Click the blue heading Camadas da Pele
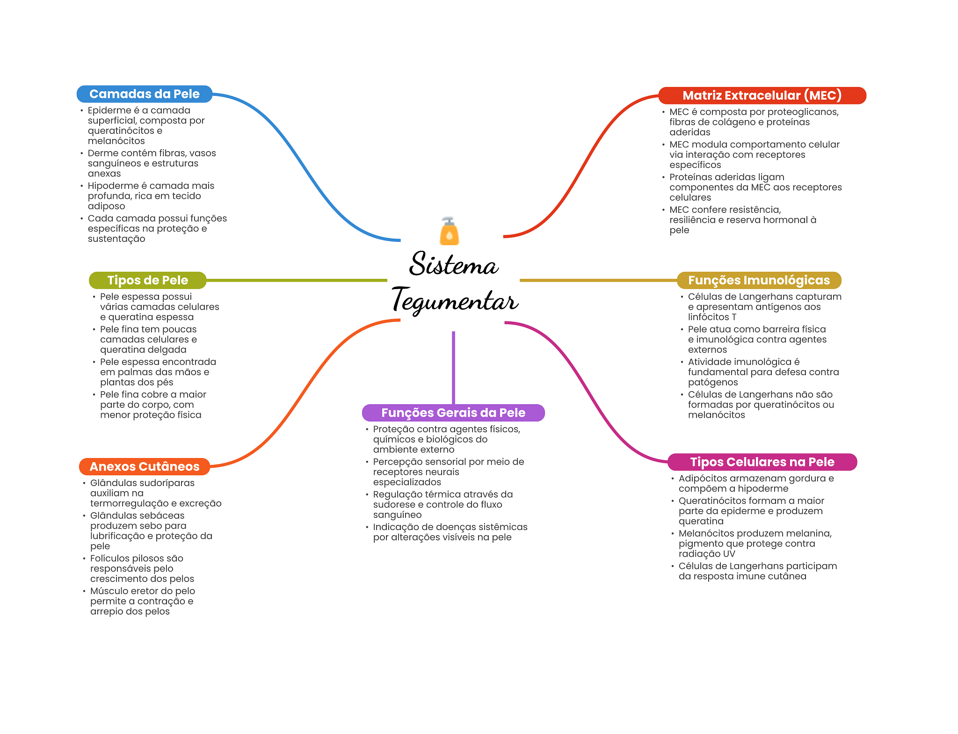tap(145, 94)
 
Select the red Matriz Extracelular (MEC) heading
tap(762, 95)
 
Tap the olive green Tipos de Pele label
tap(148, 280)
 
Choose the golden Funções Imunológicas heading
tap(759, 280)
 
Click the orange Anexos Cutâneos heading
tap(145, 466)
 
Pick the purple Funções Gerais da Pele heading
tap(453, 413)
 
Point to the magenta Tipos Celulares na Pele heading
tap(762, 462)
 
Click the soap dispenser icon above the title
tap(449, 231)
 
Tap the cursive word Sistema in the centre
tap(454, 263)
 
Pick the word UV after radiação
tap(729, 554)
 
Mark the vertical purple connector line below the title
tap(453, 368)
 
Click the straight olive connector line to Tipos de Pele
tap(297, 280)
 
